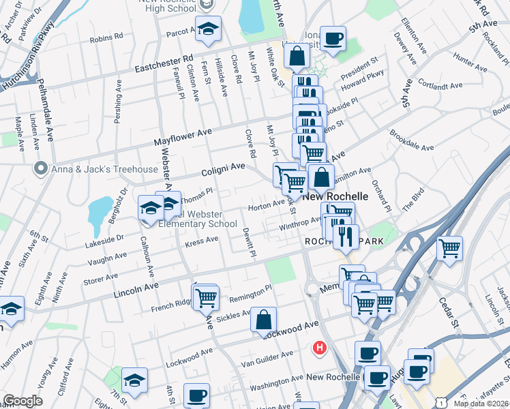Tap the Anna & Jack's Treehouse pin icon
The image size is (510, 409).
[42, 168]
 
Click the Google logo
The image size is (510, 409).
[22, 400]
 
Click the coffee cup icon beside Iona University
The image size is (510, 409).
[333, 38]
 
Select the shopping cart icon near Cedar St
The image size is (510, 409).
[450, 249]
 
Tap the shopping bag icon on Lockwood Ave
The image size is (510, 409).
[263, 320]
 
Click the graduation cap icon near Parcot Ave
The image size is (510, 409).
[208, 29]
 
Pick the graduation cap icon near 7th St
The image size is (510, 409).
[134, 380]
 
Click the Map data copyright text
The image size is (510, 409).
[481, 404]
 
